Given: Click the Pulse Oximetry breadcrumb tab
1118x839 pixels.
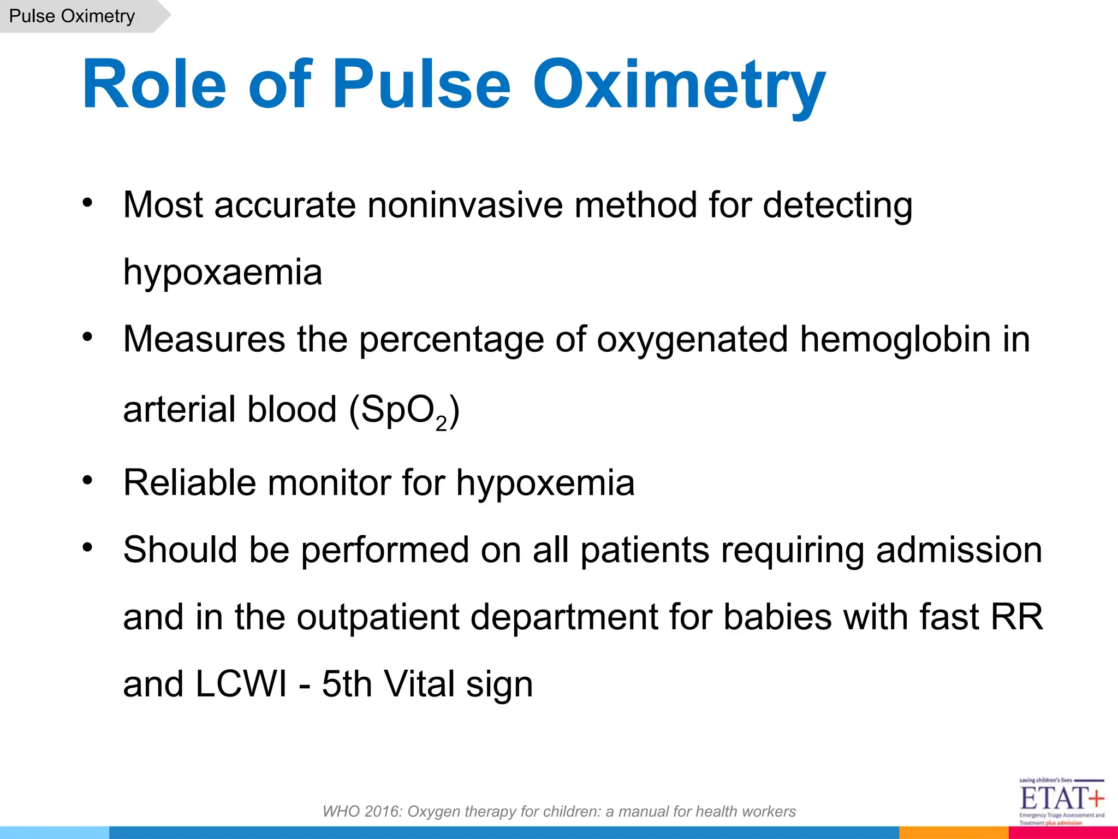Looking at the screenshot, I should pyautogui.click(x=72, y=16).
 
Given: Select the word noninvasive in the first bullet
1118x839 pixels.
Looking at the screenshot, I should pyautogui.click(x=465, y=205).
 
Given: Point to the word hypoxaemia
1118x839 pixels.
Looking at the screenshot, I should pyautogui.click(x=223, y=273).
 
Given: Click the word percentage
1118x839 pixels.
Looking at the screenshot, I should pyautogui.click(x=451, y=340).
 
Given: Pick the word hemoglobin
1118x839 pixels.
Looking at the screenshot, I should pyautogui.click(x=895, y=340).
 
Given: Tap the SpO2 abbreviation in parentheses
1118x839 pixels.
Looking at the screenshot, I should pyautogui.click(x=403, y=411).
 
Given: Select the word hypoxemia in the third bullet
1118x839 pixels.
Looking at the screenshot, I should pyautogui.click(x=545, y=484).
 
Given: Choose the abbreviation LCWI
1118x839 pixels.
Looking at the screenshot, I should pyautogui.click(x=241, y=684).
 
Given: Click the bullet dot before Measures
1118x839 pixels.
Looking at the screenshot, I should pyautogui.click(x=88, y=337).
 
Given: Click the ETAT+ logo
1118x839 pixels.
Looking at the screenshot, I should pyautogui.click(x=1061, y=801).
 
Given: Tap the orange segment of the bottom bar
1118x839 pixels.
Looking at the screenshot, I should pyautogui.click(x=953, y=833).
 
